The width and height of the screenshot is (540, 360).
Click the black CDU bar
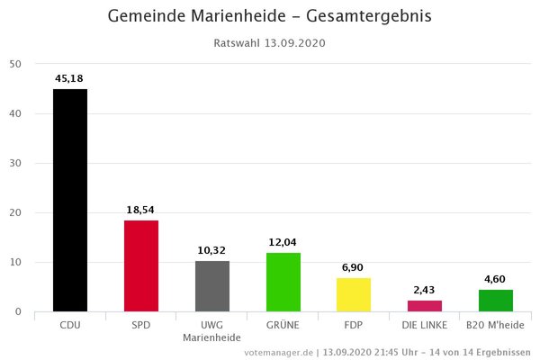[70, 200]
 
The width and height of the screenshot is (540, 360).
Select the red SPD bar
[141, 265]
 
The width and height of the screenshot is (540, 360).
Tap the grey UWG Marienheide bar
[212, 286]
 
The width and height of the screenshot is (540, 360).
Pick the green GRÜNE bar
[283, 282]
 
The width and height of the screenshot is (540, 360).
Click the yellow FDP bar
[354, 294]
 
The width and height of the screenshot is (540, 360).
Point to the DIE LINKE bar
[425, 306]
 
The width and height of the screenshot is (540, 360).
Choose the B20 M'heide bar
[496, 301]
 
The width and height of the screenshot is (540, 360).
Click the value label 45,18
[70, 78]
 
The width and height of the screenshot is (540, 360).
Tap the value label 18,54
[141, 210]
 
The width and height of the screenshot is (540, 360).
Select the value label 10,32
[212, 250]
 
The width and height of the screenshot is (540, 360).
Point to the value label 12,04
[283, 242]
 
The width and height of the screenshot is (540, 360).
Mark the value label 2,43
[425, 290]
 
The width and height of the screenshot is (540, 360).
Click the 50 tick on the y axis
[17, 64]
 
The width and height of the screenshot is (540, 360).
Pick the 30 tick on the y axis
[17, 163]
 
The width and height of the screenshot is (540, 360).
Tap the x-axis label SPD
[141, 325]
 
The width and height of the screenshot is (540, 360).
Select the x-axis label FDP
[354, 325]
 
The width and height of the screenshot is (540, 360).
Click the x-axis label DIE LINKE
[425, 325]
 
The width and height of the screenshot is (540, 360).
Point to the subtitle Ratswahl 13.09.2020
[269, 42]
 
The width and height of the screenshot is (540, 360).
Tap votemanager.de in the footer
[278, 352]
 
